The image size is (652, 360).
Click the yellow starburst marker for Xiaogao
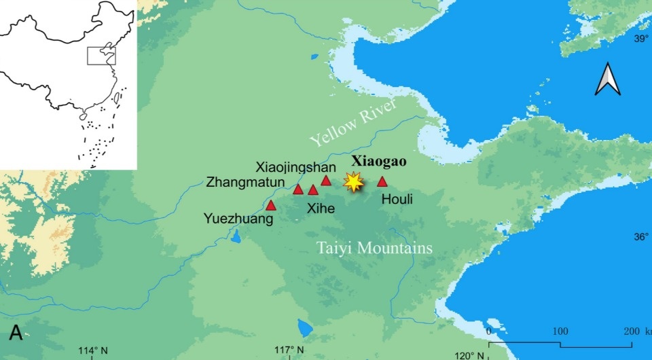pyautogui.click(x=352, y=181)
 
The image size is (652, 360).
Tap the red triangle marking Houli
pyautogui.click(x=382, y=181)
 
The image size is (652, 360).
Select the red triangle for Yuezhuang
pyautogui.click(x=271, y=205)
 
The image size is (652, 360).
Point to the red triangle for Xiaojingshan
pyautogui.click(x=326, y=181)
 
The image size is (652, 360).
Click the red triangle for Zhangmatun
pyautogui.click(x=297, y=190)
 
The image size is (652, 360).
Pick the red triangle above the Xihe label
pyautogui.click(x=312, y=190)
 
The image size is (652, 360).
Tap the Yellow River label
pyautogui.click(x=348, y=126)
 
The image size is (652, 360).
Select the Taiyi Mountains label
pyautogui.click(x=375, y=248)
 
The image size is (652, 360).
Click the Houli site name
pyautogui.click(x=397, y=199)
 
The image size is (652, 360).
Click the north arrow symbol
pyautogui.click(x=607, y=79)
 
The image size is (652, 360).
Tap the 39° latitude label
pyautogui.click(x=642, y=39)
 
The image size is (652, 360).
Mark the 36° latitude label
pyautogui.click(x=642, y=237)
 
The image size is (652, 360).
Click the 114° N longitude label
pyautogui.click(x=92, y=350)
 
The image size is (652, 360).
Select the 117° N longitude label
pyautogui.click(x=288, y=350)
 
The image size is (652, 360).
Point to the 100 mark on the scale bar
pyautogui.click(x=560, y=331)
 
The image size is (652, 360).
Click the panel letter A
pyautogui.click(x=16, y=333)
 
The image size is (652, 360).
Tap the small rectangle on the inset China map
pyautogui.click(x=101, y=56)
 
